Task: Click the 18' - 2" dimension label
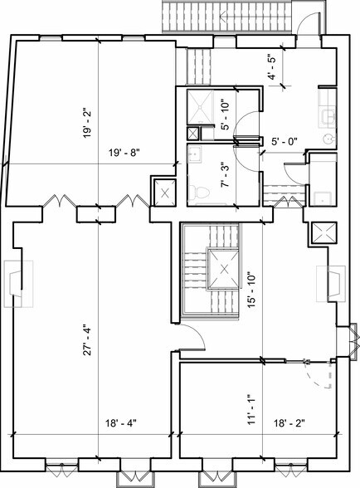(289, 422)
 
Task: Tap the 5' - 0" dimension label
(284, 141)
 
